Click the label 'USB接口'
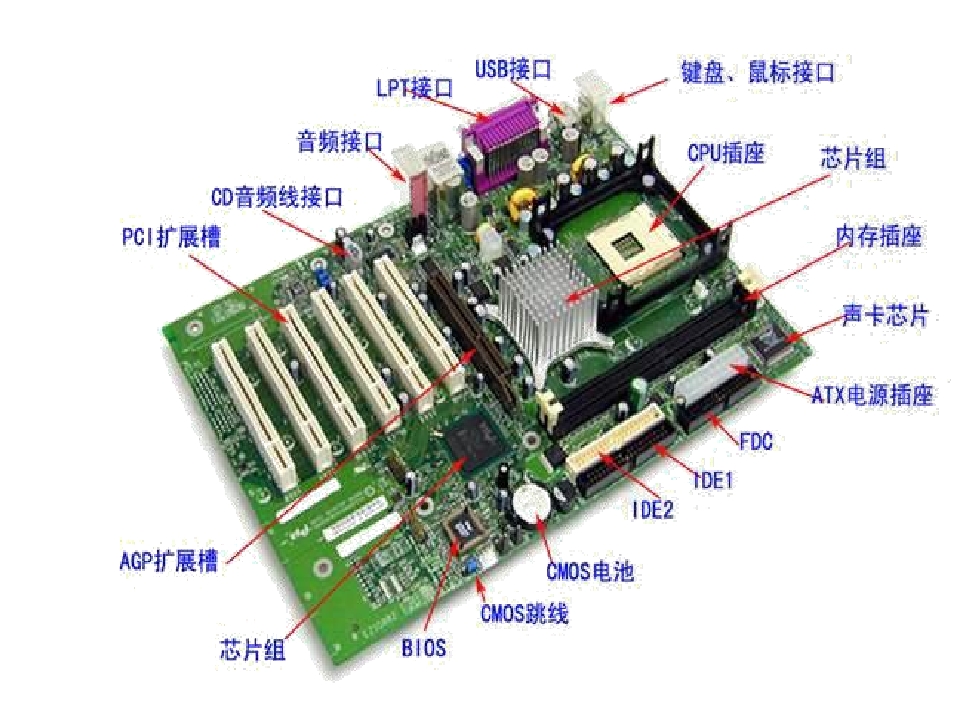tap(513, 69)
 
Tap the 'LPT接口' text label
tap(414, 88)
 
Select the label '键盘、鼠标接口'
tap(758, 72)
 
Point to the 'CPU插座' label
tap(726, 152)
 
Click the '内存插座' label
tap(879, 236)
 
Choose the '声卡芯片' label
tap(885, 315)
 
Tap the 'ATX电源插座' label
tap(872, 395)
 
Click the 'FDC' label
tap(756, 441)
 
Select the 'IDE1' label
tap(713, 480)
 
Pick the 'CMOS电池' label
tap(590, 571)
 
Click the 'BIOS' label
tap(424, 648)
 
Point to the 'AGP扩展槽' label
tap(169, 560)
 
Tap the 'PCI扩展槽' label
tap(171, 237)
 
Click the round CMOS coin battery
tap(531, 504)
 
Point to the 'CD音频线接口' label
tap(277, 197)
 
